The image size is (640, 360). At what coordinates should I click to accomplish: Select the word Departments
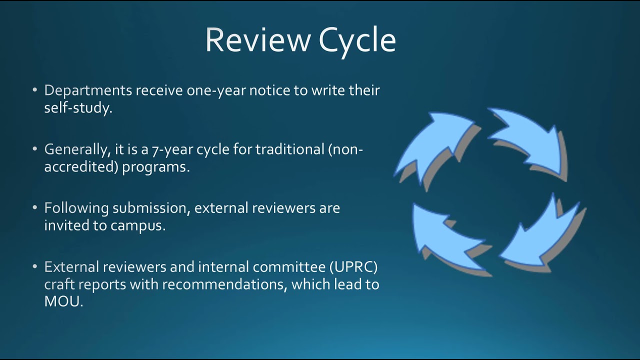[88, 91]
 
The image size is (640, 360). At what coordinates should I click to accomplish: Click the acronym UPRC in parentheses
[355, 267]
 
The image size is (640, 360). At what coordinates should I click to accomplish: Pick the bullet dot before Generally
[34, 149]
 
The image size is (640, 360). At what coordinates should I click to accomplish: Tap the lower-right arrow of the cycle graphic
[540, 235]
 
